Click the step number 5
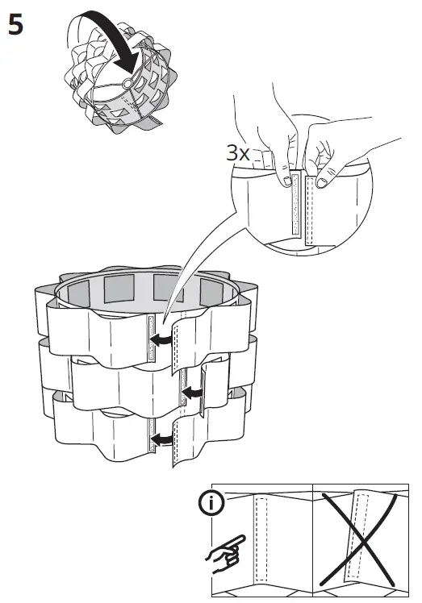point(15,24)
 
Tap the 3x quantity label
point(237,152)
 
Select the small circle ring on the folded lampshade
point(127,83)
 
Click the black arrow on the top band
point(161,339)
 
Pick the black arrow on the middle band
point(193,393)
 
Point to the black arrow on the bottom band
point(161,439)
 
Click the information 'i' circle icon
point(211,502)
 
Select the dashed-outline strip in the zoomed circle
point(309,210)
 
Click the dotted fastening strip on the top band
point(151,337)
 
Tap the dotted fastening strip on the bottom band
point(151,435)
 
